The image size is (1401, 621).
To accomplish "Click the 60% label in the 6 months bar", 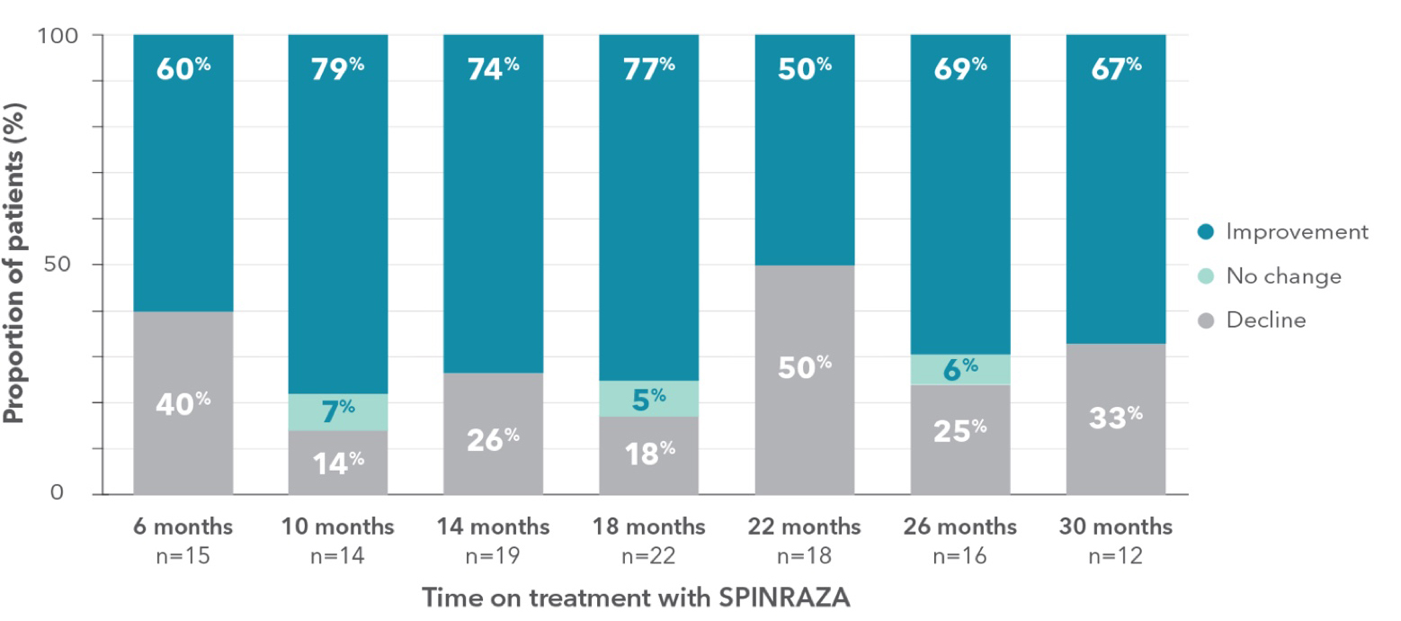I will tap(183, 69).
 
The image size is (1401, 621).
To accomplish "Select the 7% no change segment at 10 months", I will tap(338, 412).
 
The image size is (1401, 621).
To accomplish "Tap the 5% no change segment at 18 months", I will tap(649, 398).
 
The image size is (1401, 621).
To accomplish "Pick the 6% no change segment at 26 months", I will tap(960, 369).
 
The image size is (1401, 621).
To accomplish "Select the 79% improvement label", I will tap(338, 69).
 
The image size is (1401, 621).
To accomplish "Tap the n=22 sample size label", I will tap(649, 555).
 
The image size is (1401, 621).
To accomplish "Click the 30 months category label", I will tap(1116, 526).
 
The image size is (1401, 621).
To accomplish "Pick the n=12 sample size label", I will tap(1116, 555).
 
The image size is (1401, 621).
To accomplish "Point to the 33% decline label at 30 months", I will tap(1116, 418).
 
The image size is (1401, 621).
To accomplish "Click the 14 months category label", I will tap(494, 526).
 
